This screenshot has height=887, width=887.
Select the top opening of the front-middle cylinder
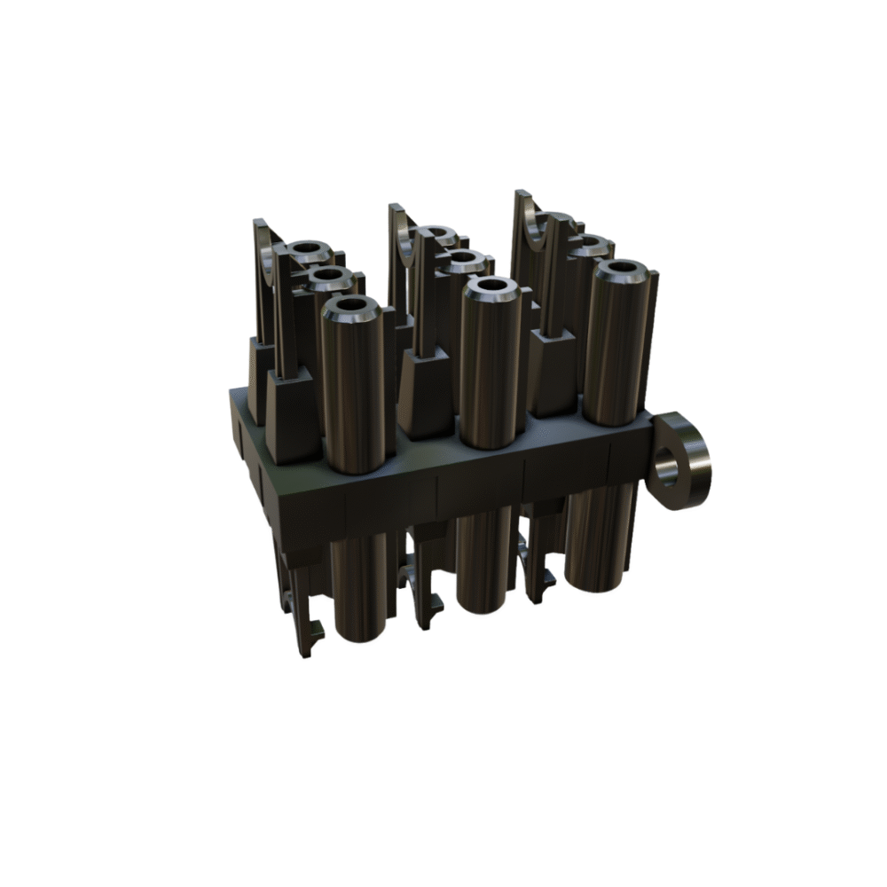coord(488,287)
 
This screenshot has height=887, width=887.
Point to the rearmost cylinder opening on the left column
coord(306,249)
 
